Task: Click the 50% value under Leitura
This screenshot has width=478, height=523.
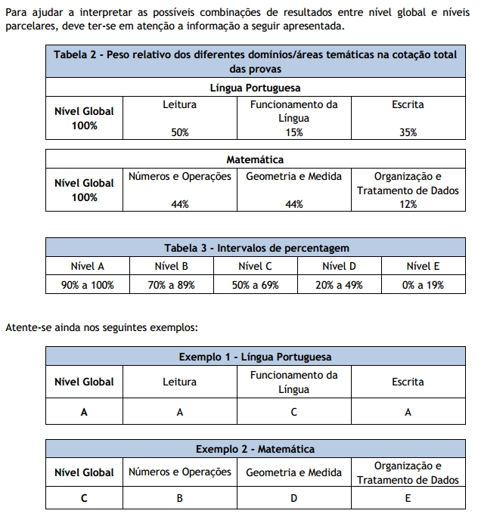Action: tap(179, 132)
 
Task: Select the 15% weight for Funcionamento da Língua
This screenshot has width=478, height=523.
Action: tap(293, 132)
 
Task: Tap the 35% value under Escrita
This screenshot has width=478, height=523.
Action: tap(408, 132)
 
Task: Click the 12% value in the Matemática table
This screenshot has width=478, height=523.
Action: tap(408, 204)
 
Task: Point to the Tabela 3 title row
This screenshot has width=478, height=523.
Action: tap(256, 248)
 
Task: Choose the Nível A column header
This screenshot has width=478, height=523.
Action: tap(88, 266)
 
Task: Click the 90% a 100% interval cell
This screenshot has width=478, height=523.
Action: tap(88, 285)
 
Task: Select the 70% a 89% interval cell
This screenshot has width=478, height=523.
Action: tap(172, 285)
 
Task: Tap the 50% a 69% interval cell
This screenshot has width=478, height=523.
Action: tap(256, 285)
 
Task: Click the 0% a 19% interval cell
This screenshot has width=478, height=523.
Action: tap(423, 285)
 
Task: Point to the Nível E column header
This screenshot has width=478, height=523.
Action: tap(423, 266)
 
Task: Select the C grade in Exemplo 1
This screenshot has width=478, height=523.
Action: tap(293, 412)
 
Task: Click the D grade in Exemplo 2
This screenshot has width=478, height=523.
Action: tap(293, 498)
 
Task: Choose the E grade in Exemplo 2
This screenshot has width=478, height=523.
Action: tap(408, 498)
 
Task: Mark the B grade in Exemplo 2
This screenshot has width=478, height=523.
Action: tap(179, 498)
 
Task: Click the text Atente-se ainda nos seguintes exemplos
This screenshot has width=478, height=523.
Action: tap(101, 327)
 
